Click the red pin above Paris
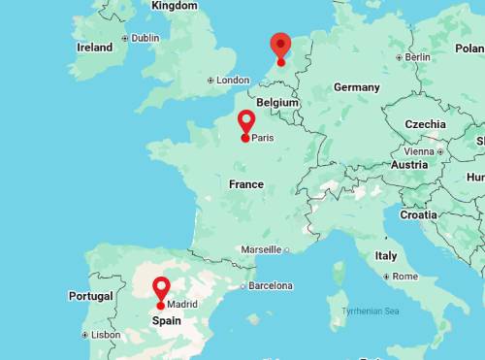pos(246,121)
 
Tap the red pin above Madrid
pos(161,288)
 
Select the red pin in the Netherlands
pos(280,45)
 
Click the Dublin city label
pos(145,39)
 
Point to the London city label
pos(233,81)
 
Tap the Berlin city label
pos(417,57)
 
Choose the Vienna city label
pos(419,151)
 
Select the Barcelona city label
pos(271,286)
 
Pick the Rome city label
pos(404,277)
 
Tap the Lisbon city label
pos(106,335)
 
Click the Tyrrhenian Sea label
pos(371,311)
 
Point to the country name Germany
pos(356,87)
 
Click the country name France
pos(246,184)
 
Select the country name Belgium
pos(277,102)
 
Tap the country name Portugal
pos(91,296)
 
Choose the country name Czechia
pos(426,124)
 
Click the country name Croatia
pos(419,215)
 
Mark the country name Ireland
pos(94,47)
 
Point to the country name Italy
pos(386,256)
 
